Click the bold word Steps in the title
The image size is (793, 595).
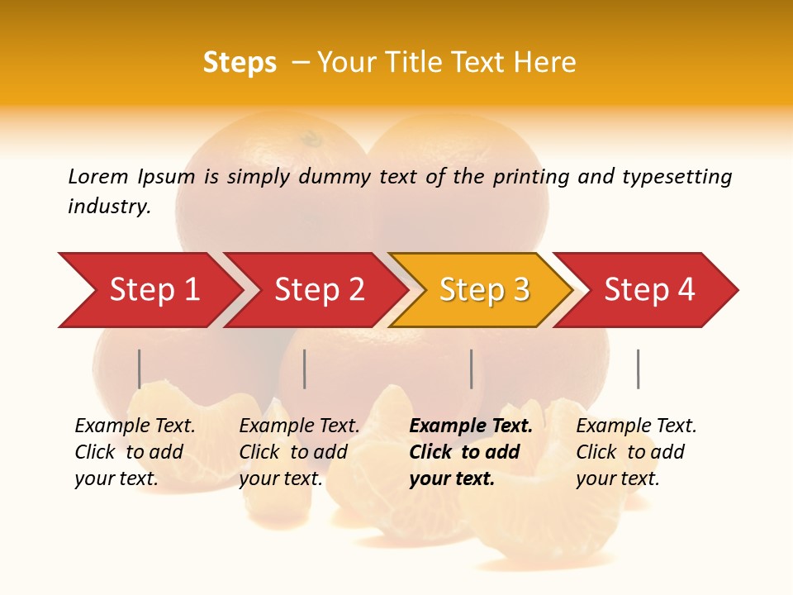tap(240, 63)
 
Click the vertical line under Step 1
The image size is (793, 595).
tap(140, 369)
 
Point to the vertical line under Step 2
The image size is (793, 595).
tap(305, 369)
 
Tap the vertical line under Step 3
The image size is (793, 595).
tap(471, 369)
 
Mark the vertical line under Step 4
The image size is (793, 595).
tap(638, 369)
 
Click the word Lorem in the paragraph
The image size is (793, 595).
tap(98, 177)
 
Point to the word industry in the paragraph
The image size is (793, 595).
tap(108, 207)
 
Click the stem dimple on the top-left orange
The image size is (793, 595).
tap(311, 136)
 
